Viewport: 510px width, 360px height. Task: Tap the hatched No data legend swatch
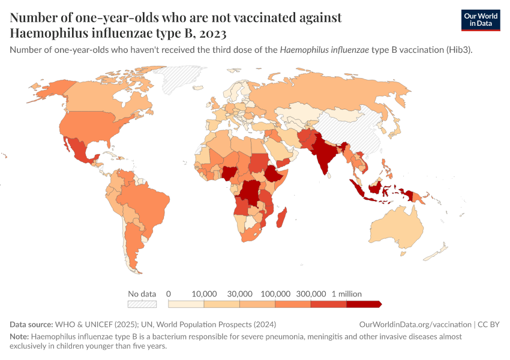142,304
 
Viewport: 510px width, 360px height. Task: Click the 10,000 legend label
204,294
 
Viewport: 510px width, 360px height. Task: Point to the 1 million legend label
346,294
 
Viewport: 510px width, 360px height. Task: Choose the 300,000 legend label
311,294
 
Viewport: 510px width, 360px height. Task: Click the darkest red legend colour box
364,304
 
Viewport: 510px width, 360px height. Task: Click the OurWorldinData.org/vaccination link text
415,325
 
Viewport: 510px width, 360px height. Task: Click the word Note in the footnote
19,337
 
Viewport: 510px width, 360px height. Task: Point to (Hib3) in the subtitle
459,50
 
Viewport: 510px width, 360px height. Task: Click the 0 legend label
169,294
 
